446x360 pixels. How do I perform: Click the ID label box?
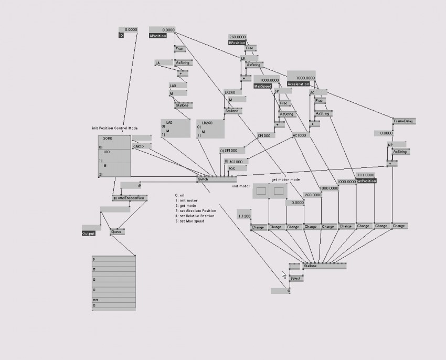point(121,36)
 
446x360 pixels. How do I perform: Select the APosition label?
point(158,36)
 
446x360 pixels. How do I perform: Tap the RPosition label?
point(237,43)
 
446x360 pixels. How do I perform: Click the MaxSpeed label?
point(262,86)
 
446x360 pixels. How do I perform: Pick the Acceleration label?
point(298,84)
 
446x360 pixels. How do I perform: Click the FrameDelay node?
point(404,121)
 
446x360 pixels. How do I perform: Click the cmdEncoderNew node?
point(130,198)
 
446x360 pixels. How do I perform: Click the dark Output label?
point(89,233)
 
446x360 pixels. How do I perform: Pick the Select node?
point(296,278)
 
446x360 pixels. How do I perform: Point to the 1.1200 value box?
point(244,216)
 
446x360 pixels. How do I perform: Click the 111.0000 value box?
point(365,175)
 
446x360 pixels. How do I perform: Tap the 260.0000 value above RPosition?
point(237,37)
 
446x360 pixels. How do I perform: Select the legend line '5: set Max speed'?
point(189,221)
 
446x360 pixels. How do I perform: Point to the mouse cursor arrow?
point(283,274)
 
